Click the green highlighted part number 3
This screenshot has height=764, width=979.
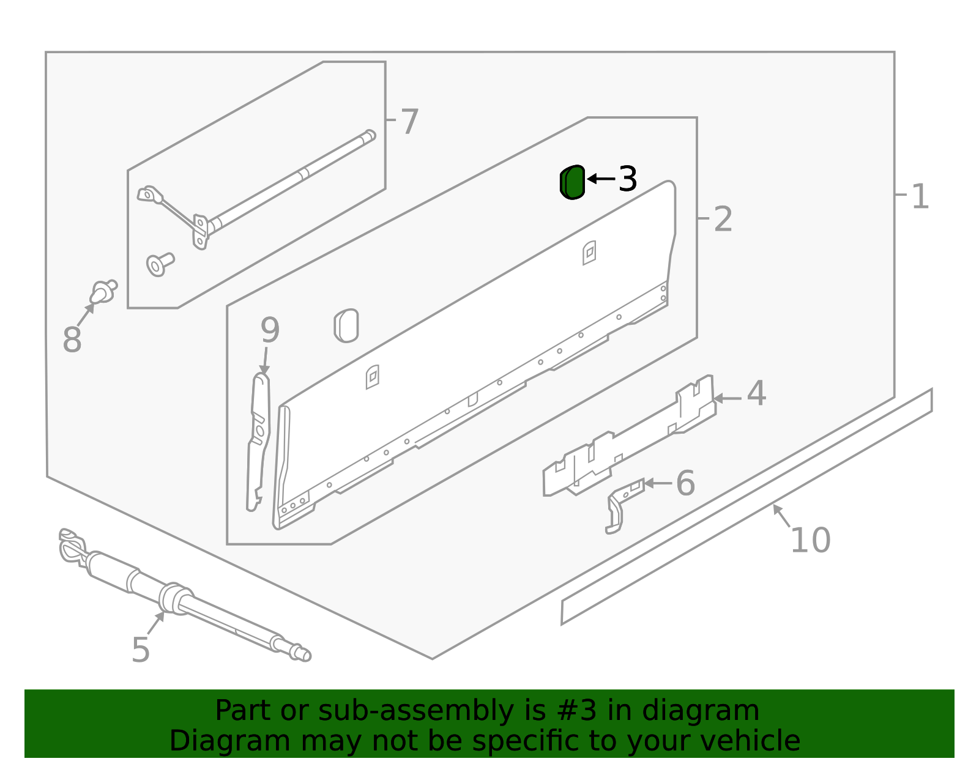pyautogui.click(x=573, y=182)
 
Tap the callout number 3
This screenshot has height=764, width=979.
pyautogui.click(x=628, y=179)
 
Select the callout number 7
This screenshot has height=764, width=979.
pyautogui.click(x=409, y=122)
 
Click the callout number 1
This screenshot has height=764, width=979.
pyautogui.click(x=920, y=197)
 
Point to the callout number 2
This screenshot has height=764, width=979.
pyautogui.click(x=723, y=219)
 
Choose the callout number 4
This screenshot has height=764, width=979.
pyautogui.click(x=756, y=393)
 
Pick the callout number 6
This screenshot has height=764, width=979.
pyautogui.click(x=685, y=483)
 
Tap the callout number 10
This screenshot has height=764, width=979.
pyautogui.click(x=810, y=540)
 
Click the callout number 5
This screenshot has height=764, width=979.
pyautogui.click(x=140, y=650)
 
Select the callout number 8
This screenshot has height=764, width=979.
pyautogui.click(x=72, y=340)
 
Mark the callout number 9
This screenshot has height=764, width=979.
pyautogui.click(x=270, y=330)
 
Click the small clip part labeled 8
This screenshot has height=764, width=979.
pyautogui.click(x=103, y=292)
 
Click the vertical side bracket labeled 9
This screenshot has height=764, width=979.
pyautogui.click(x=259, y=440)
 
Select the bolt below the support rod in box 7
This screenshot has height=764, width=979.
pyautogui.click(x=159, y=264)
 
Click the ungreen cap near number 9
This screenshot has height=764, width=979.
pyautogui.click(x=346, y=325)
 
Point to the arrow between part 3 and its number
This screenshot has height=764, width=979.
pyautogui.click(x=601, y=179)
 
